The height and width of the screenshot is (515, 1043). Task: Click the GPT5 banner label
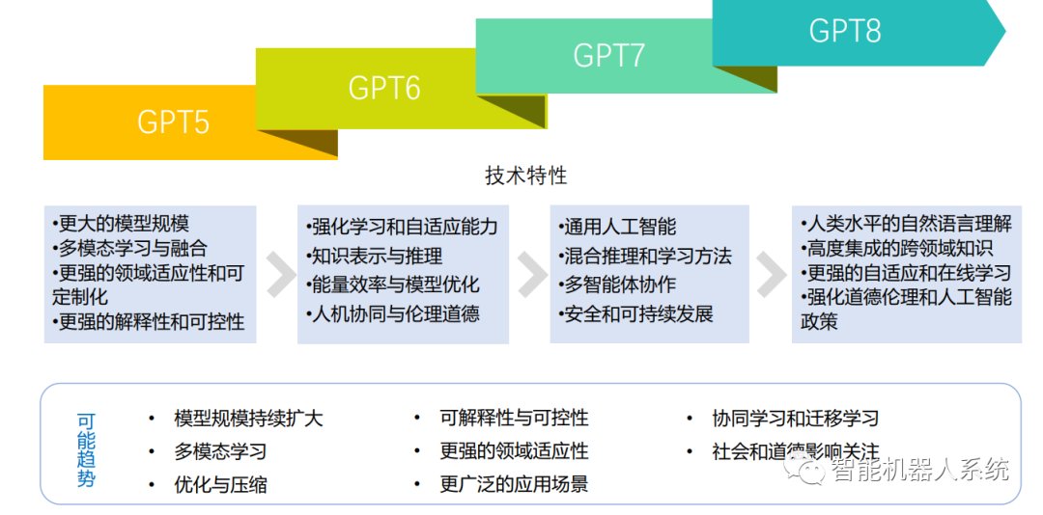(173, 122)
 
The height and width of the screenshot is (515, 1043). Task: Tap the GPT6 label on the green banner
(383, 89)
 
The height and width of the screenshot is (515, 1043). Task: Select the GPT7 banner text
(608, 55)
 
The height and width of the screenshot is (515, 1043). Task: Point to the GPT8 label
(844, 31)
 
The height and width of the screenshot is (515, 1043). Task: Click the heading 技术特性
(525, 176)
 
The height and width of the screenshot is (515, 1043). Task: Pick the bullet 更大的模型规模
(121, 225)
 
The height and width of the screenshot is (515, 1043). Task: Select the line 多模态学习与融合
(129, 249)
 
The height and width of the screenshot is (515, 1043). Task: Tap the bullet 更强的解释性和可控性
(149, 321)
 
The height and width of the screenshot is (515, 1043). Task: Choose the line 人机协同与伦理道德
(393, 313)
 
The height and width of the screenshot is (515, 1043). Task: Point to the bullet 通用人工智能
(618, 228)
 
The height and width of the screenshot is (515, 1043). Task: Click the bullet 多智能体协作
(618, 285)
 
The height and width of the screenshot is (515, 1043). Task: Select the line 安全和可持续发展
(636, 314)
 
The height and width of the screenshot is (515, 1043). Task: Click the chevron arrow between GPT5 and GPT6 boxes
(280, 274)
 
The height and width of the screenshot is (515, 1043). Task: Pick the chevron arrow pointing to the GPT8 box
(771, 274)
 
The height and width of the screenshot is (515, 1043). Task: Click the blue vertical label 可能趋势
(86, 449)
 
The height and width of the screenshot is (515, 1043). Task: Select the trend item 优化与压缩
(220, 484)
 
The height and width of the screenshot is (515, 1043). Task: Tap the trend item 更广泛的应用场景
(514, 484)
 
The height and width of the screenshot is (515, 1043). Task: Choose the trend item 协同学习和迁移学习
(795, 419)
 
